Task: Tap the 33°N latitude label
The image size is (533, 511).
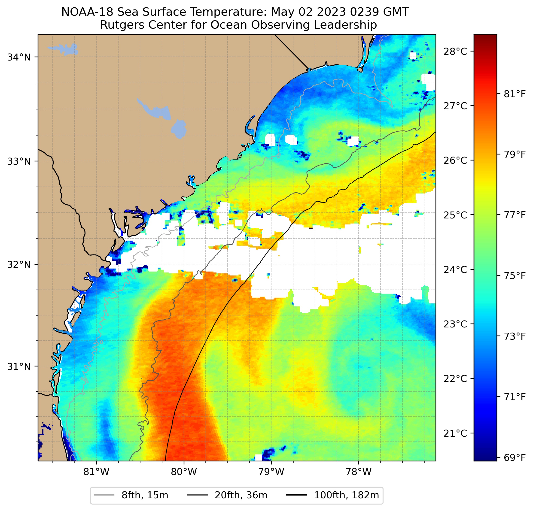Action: [18, 161]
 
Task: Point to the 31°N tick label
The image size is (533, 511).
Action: [18, 367]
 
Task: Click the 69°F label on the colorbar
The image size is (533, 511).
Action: [515, 458]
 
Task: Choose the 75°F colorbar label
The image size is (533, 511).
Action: [515, 276]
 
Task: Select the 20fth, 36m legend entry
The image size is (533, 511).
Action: [227, 495]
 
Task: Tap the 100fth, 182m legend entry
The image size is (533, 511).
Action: [332, 495]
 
